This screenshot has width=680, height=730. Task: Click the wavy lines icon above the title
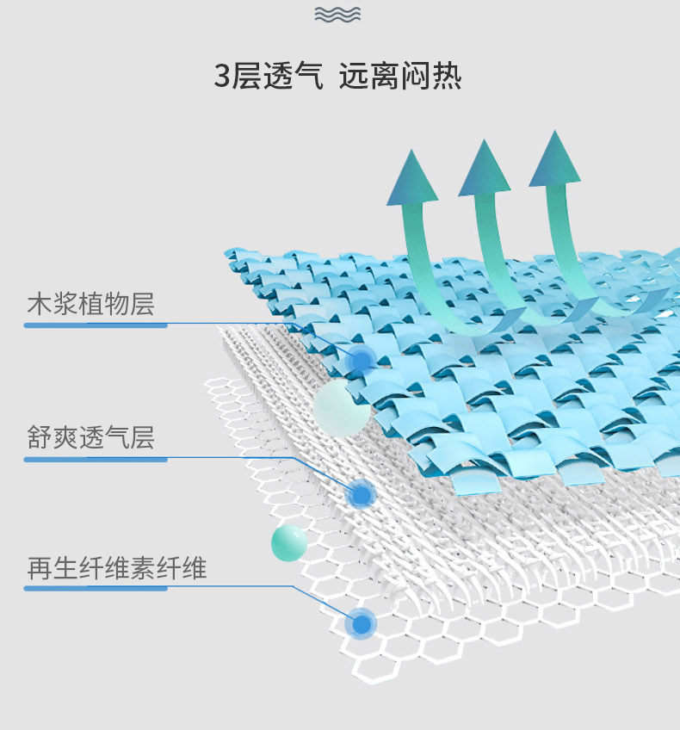click(x=337, y=15)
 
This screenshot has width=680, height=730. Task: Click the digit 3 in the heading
click(x=222, y=77)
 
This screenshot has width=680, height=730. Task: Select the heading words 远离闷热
click(x=400, y=77)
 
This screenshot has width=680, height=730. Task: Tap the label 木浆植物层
click(x=90, y=304)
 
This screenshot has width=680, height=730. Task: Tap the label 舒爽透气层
click(x=90, y=438)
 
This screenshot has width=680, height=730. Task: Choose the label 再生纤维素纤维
click(x=116, y=568)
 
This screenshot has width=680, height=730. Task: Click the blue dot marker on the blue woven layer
click(x=362, y=359)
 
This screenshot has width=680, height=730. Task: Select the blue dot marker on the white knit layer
click(x=361, y=493)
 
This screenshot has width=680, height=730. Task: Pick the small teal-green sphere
click(x=289, y=542)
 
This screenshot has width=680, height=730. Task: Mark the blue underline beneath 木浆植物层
click(x=95, y=325)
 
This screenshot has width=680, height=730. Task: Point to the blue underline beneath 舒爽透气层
click(x=95, y=460)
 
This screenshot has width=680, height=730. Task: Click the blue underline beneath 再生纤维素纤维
click(x=95, y=589)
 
